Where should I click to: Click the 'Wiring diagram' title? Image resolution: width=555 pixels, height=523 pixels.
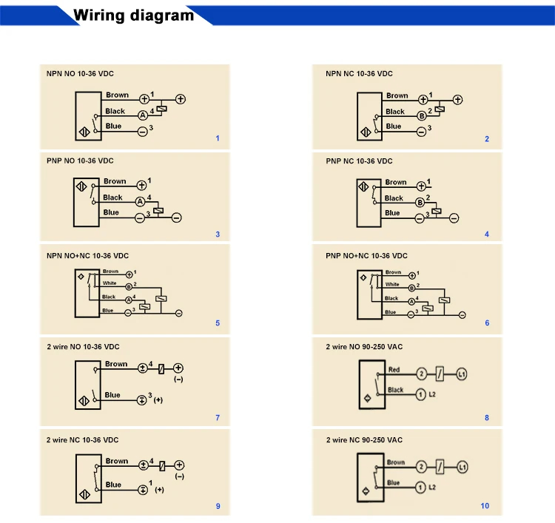(x=134, y=16)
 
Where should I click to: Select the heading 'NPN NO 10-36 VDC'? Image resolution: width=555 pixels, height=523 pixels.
(x=80, y=73)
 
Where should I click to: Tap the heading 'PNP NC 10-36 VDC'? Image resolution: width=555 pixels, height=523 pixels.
(x=359, y=161)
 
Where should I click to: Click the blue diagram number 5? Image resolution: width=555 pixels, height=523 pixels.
(x=218, y=323)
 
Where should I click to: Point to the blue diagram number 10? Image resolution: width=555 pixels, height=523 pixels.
(x=485, y=506)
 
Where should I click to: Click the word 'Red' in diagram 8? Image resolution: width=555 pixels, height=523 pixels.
(x=394, y=369)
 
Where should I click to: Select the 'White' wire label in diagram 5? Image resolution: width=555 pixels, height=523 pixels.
(x=110, y=283)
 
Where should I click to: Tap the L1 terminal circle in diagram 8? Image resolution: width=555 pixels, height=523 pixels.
(x=462, y=375)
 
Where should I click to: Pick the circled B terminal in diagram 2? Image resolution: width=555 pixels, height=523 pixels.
(x=422, y=116)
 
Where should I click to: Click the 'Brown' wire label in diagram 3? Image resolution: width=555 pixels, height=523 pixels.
(x=115, y=181)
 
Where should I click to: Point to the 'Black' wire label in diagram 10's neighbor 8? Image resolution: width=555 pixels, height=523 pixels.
(x=395, y=390)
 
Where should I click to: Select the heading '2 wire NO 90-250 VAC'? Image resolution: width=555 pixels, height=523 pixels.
(x=364, y=346)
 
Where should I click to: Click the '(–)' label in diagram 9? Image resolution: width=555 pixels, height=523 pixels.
(x=178, y=477)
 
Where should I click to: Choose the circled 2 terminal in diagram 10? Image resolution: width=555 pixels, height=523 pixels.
(x=421, y=468)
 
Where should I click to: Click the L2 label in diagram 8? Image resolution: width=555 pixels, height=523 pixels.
(x=433, y=395)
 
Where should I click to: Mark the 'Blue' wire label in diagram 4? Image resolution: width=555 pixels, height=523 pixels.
(x=392, y=213)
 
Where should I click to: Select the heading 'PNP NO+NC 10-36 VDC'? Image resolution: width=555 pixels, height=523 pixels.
(x=366, y=255)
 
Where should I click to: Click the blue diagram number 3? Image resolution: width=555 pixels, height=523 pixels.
(x=218, y=234)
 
